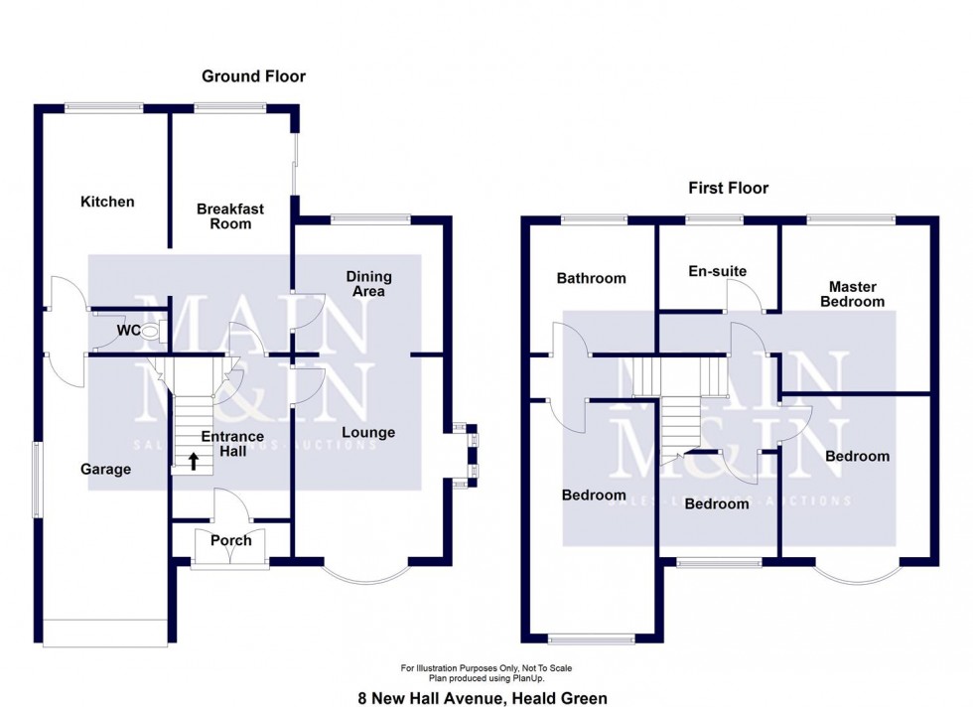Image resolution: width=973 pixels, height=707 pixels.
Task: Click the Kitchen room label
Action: [107, 202]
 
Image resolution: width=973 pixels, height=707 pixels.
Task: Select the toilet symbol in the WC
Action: [150, 331]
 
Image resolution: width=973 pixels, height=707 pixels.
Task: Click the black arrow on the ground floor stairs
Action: [193, 460]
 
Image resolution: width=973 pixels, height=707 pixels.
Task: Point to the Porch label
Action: [230, 540]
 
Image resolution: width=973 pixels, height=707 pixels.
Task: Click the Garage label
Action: [105, 469]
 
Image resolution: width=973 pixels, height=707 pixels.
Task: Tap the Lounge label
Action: [368, 432]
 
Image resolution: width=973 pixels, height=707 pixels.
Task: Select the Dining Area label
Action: [368, 284]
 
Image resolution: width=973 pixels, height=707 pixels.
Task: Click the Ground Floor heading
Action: [253, 75]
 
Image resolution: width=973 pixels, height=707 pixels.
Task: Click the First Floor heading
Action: [729, 188]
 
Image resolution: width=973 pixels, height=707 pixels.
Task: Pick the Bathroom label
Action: [591, 278]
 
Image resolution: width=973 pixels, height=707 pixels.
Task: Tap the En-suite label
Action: [717, 270]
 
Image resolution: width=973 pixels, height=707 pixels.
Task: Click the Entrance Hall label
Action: [232, 443]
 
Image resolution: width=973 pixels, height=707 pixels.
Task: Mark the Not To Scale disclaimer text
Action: [486, 668]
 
